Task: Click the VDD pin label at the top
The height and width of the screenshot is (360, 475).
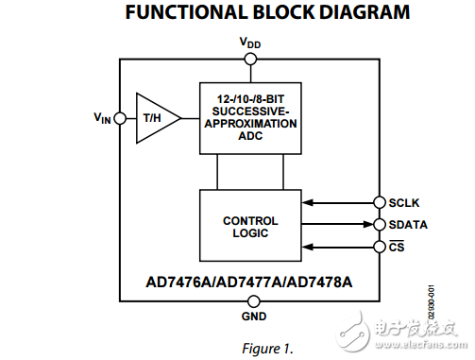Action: [250, 43]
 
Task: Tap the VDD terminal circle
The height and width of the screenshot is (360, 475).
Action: [250, 59]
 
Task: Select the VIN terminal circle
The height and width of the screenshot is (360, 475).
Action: [120, 118]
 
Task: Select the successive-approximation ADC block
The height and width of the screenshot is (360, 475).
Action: [250, 118]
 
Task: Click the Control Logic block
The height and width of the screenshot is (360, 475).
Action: [250, 226]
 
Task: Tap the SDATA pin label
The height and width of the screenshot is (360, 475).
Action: [409, 225]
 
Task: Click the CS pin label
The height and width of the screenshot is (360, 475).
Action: [397, 248]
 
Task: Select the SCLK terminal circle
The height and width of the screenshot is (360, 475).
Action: [381, 202]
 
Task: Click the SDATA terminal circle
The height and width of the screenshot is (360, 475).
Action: [381, 225]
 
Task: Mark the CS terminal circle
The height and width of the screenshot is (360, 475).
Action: [381, 248]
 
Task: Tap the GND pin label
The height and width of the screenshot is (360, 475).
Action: [253, 316]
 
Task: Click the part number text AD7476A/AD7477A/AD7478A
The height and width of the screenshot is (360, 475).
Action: [249, 280]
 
